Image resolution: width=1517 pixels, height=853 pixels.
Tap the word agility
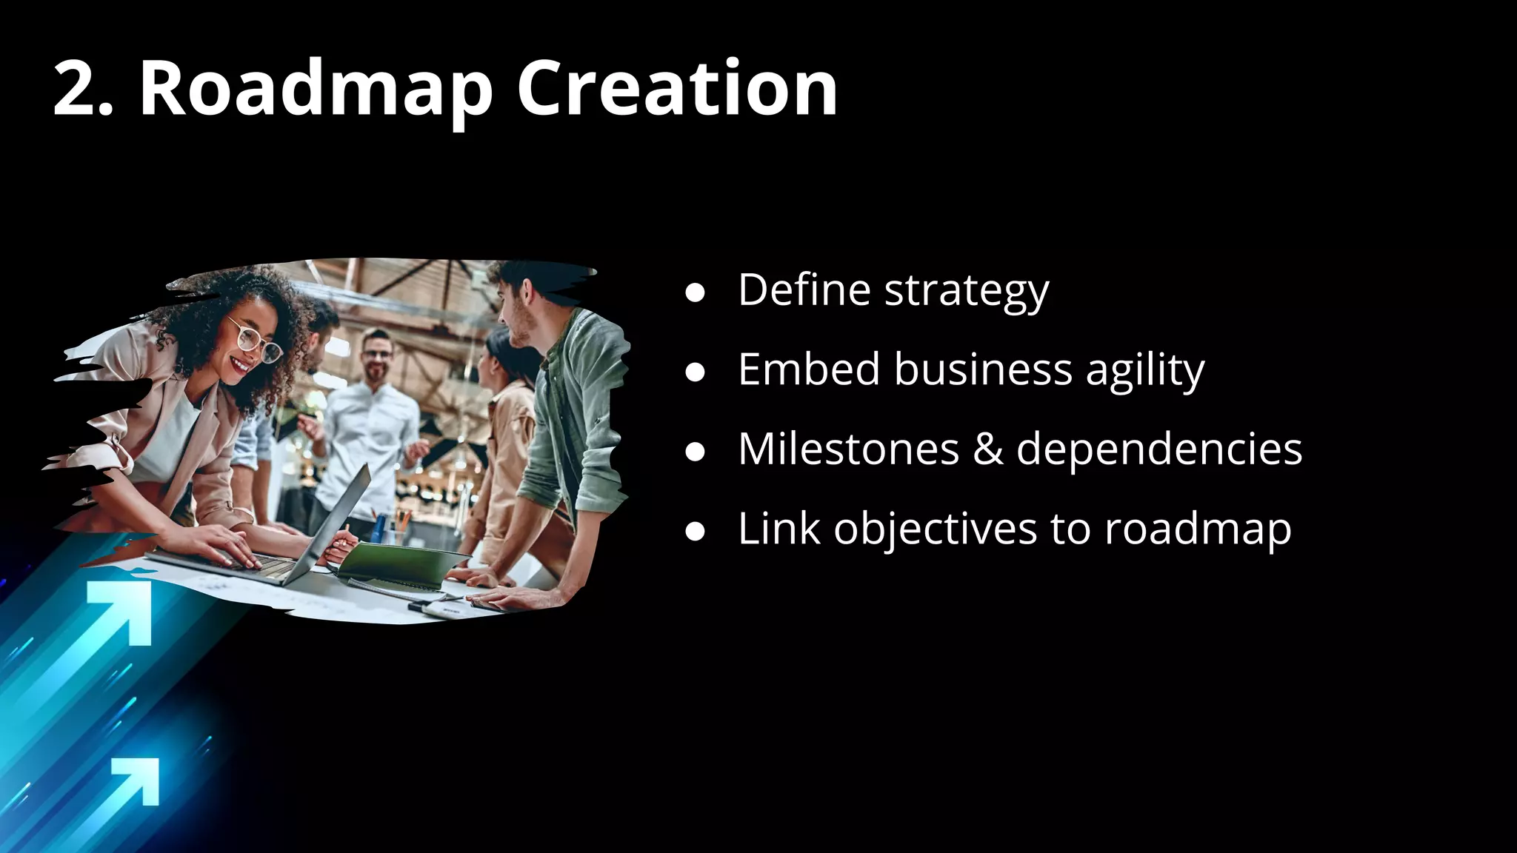point(1145,370)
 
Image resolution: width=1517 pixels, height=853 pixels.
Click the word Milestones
point(849,449)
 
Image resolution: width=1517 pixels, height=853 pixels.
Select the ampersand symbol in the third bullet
point(988,449)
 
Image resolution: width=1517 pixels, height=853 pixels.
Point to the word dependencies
point(1159,450)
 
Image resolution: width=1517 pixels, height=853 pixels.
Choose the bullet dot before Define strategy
point(695,292)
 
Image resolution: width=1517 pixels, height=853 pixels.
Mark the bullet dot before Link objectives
point(695,532)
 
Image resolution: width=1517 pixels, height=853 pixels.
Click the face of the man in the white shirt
point(378,354)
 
